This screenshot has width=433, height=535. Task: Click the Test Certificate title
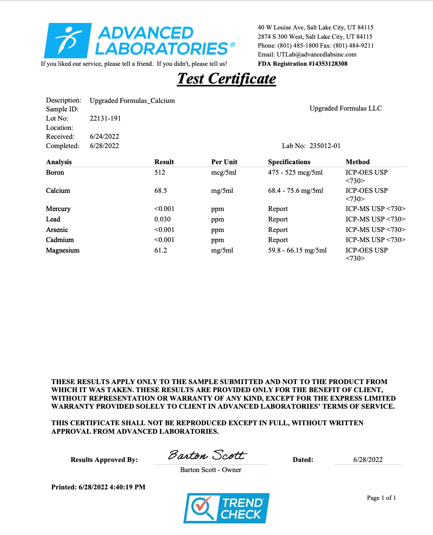click(x=227, y=79)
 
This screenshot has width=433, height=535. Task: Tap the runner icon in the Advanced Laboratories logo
click(x=67, y=40)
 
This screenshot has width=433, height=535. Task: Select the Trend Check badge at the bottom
click(x=227, y=508)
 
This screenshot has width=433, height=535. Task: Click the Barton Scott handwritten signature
click(x=207, y=455)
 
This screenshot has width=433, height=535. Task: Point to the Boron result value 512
click(x=160, y=173)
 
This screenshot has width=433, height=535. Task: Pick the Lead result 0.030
click(x=162, y=219)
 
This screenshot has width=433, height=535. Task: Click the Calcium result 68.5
click(x=160, y=191)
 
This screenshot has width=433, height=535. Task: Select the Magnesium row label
click(x=62, y=251)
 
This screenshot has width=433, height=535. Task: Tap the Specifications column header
click(x=289, y=162)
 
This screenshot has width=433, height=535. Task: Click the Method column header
click(x=357, y=162)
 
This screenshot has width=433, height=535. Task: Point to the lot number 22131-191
click(x=105, y=119)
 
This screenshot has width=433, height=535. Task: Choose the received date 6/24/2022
click(x=104, y=137)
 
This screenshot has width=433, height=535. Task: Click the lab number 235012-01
click(x=325, y=146)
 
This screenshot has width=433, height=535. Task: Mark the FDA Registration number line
click(x=302, y=64)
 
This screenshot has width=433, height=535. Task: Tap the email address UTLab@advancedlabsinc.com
click(x=316, y=54)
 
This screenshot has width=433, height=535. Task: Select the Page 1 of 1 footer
click(x=381, y=498)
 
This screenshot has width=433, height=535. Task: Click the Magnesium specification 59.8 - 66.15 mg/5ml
click(x=297, y=251)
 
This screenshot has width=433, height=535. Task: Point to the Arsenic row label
click(x=57, y=230)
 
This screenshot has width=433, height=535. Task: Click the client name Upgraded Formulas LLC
click(x=346, y=109)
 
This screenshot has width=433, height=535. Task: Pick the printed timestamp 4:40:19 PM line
click(x=98, y=487)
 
